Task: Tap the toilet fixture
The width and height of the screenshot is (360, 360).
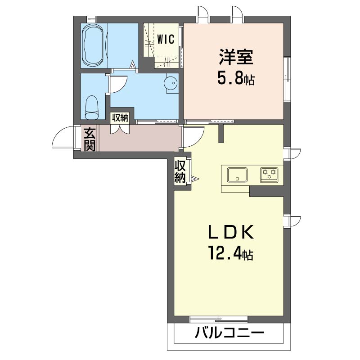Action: (92, 108)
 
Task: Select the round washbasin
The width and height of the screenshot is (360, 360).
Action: (171, 82)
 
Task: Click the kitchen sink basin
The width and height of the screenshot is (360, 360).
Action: (237, 175)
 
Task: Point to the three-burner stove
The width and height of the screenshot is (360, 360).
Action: (269, 175)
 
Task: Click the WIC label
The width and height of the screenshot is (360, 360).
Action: (166, 39)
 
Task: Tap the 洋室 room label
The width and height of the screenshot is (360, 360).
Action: (236, 57)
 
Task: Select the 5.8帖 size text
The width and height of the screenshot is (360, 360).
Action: (236, 79)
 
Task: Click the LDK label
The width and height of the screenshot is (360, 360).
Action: (231, 232)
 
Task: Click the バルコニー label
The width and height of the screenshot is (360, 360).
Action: (229, 333)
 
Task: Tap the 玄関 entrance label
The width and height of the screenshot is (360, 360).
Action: (90, 139)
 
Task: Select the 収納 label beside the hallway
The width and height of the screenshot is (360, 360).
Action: (120, 118)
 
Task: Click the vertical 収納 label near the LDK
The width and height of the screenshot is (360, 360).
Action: (180, 171)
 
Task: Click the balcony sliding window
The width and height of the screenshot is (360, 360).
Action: (219, 319)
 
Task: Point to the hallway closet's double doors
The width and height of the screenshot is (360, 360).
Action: (120, 129)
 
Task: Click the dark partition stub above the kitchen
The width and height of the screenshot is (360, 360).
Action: (221, 134)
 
